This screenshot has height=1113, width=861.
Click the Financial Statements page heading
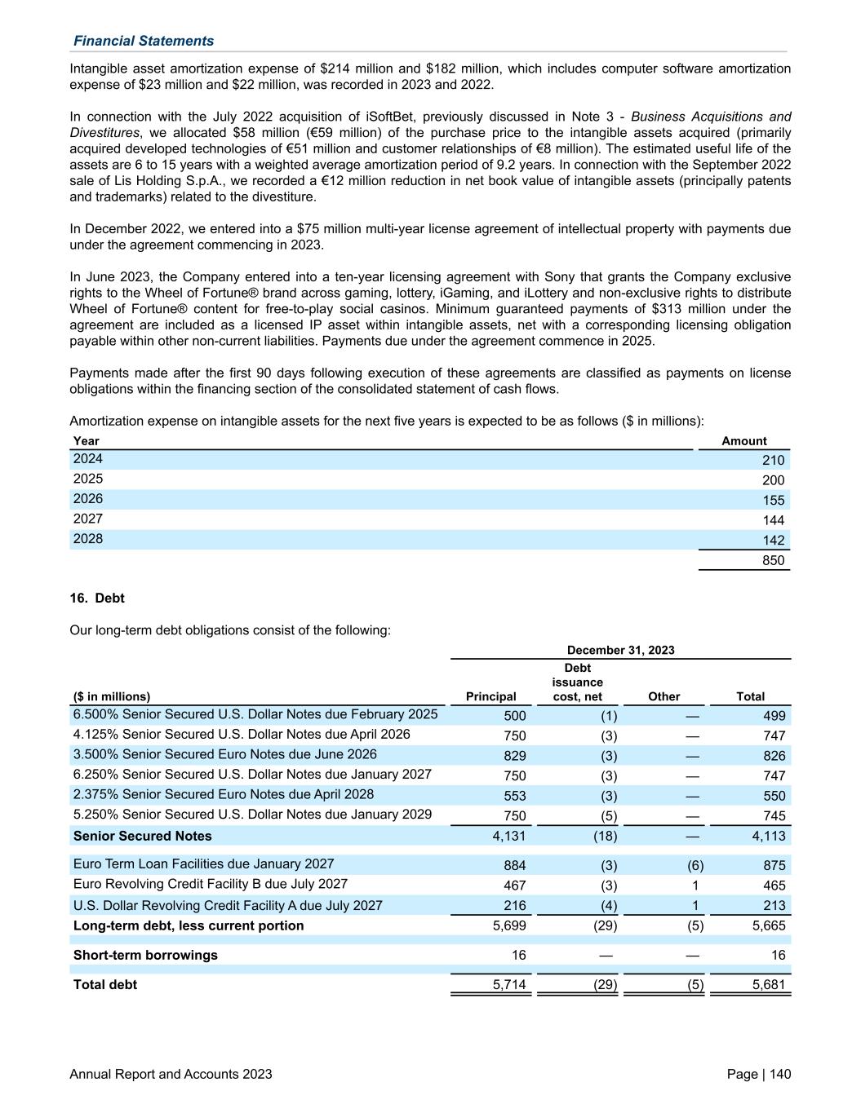[144, 41]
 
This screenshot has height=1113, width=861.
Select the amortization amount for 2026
[773, 500]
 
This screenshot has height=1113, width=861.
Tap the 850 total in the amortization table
[773, 560]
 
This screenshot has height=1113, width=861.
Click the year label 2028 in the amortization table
[88, 539]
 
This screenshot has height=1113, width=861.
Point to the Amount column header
[743, 441]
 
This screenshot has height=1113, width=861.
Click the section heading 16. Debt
[97, 598]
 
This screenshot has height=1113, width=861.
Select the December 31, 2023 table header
[620, 650]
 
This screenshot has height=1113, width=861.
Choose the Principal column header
[490, 696]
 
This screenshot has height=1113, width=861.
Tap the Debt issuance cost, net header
[577, 682]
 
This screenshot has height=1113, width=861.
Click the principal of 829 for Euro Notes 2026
[514, 756]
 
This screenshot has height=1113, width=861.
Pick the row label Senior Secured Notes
[142, 836]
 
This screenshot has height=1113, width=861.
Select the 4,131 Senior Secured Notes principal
[509, 836]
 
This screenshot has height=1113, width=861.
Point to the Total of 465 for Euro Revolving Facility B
[774, 886]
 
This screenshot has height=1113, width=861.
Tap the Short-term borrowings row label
[145, 955]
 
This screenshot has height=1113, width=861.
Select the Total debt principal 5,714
[509, 985]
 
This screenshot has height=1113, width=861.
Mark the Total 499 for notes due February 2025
[774, 716]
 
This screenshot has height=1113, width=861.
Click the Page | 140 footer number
[758, 1074]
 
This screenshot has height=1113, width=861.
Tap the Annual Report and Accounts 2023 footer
[171, 1074]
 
